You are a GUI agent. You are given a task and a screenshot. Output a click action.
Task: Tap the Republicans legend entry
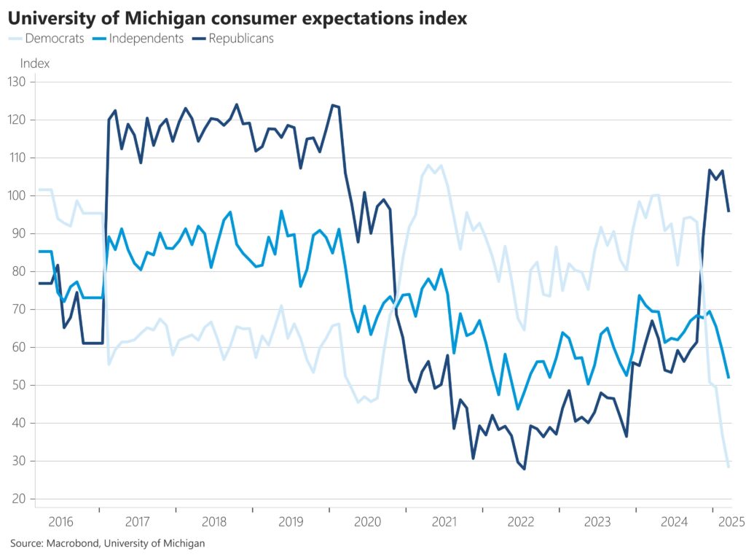[x=240, y=39]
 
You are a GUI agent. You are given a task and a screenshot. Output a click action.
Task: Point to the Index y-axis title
[x=35, y=63]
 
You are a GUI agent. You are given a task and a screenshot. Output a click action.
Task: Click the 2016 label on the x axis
[x=60, y=521]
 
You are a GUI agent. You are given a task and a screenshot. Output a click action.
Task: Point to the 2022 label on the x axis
[x=521, y=521]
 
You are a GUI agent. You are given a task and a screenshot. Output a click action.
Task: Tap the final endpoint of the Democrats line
[x=729, y=467]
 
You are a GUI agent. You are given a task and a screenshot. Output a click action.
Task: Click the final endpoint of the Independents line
[x=729, y=378]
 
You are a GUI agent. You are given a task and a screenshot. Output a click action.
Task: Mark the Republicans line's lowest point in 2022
[x=524, y=469]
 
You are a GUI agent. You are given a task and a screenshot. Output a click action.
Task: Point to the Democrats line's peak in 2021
[x=428, y=166]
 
